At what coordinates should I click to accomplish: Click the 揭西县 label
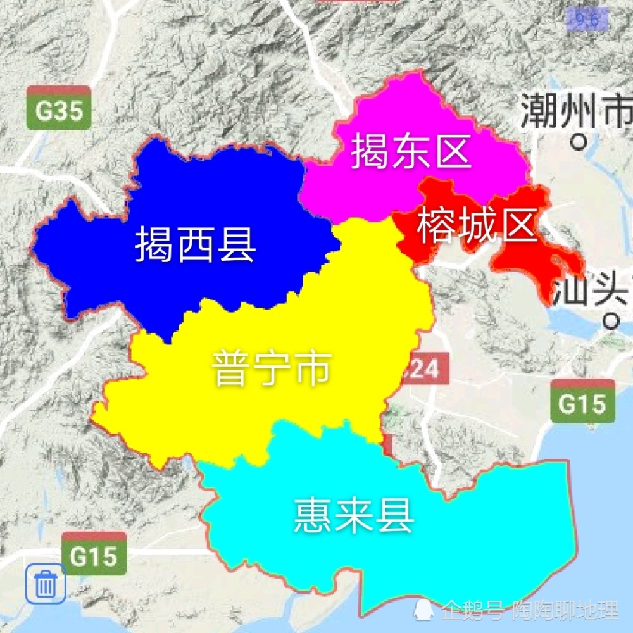196,245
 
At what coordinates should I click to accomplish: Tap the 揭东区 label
411,151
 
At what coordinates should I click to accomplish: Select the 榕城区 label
477,227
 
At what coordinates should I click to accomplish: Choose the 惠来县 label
354,516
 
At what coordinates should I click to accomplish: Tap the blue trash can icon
46,584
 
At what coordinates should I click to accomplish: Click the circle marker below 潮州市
577,142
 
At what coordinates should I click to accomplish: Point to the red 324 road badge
424,368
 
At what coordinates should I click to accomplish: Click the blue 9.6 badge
587,20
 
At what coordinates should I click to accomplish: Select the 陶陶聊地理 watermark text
565,610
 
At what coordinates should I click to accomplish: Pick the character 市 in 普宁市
313,368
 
